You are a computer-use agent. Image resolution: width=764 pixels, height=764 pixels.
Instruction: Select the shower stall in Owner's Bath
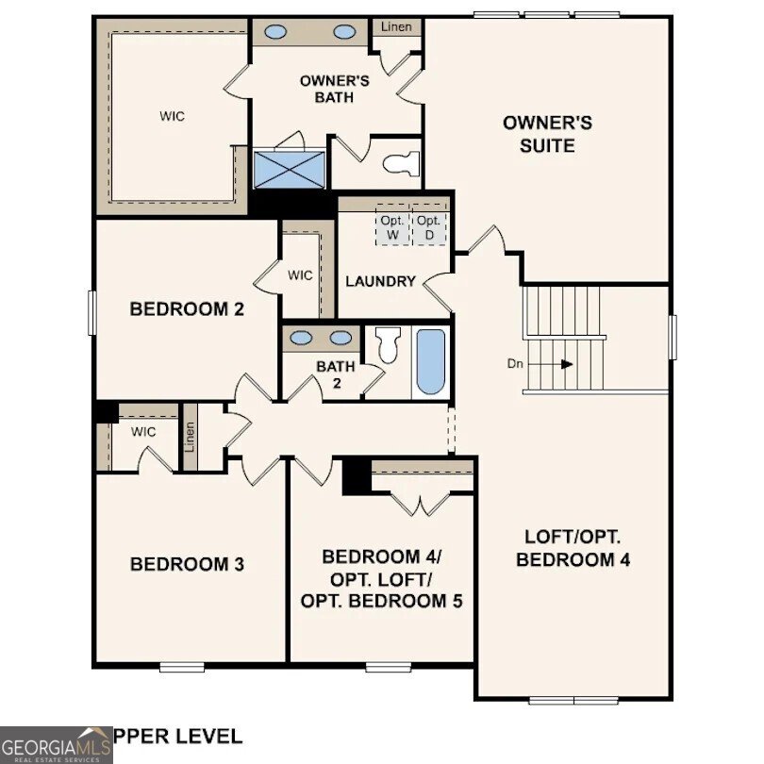(x=289, y=170)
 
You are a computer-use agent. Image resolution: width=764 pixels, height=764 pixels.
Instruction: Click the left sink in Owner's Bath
(x=275, y=32)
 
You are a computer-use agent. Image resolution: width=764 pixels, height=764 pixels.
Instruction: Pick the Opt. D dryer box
(x=429, y=227)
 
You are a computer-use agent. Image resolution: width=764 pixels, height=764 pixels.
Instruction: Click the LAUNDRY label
(x=380, y=281)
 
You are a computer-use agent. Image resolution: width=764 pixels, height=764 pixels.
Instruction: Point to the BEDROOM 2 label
(x=179, y=308)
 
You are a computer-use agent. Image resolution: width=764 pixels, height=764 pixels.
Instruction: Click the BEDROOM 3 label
(x=187, y=564)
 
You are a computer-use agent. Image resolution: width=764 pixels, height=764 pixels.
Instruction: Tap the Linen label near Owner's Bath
(x=396, y=26)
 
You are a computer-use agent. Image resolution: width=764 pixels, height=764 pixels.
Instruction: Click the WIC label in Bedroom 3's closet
(x=143, y=432)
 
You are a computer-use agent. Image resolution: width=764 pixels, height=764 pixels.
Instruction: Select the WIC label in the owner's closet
(x=171, y=116)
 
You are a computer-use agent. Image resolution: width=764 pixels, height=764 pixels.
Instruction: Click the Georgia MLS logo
(x=56, y=744)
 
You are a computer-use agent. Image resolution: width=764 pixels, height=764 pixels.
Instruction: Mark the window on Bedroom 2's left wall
(x=92, y=312)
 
